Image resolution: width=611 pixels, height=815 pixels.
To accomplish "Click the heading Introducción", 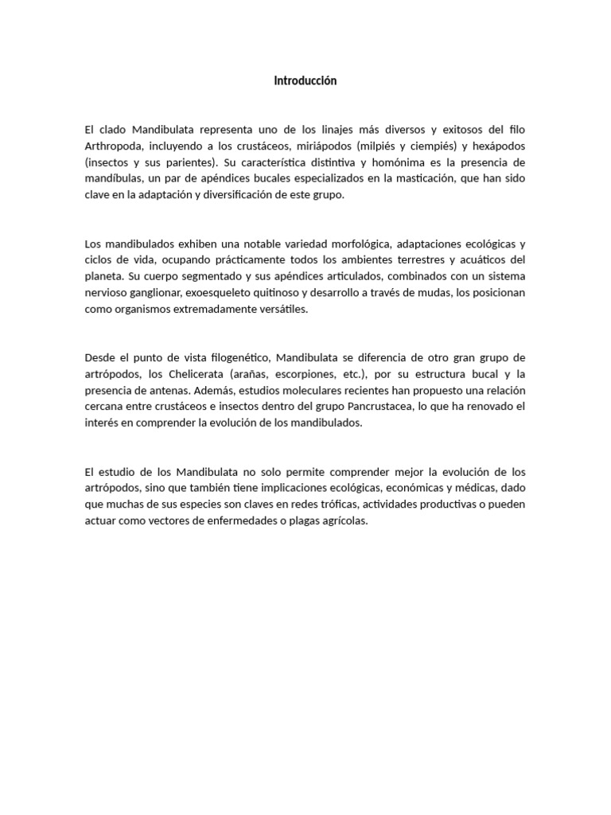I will (305, 81).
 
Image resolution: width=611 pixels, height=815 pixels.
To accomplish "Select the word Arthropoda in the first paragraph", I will (111, 146).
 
